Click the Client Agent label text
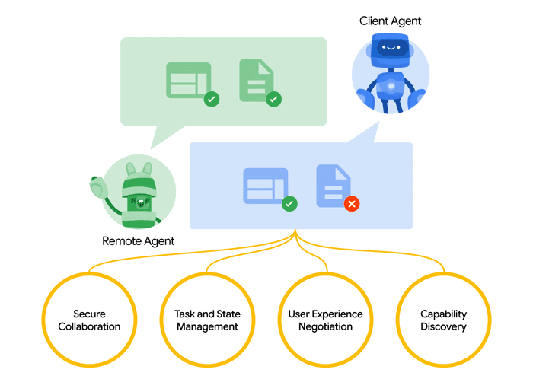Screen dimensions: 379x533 tap(390, 21)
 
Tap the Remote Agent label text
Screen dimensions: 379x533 tap(138, 241)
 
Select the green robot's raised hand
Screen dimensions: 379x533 tap(97, 186)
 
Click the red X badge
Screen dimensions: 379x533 tap(351, 204)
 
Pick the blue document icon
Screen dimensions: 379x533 tap(333, 185)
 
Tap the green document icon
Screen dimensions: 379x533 tap(256, 80)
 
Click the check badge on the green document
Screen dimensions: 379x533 tap(273, 98)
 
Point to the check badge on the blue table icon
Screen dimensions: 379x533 tap(289, 204)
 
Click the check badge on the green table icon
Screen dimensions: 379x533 tap(212, 98)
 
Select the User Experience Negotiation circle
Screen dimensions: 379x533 tap(325, 320)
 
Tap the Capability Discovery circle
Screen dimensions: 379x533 tap(443, 320)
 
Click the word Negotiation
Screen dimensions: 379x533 tap(325, 326)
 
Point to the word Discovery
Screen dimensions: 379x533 tap(443, 326)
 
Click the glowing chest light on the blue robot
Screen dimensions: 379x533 tap(391, 86)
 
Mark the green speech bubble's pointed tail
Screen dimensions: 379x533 tap(158, 139)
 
